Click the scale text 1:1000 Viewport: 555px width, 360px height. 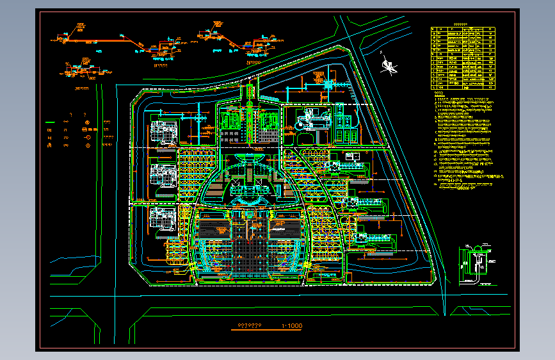pyautogui.click(x=291, y=326)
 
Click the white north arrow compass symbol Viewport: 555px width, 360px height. pyautogui.click(x=387, y=63)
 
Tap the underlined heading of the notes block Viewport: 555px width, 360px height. pyautogui.click(x=438, y=94)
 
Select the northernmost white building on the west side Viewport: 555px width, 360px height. pyautogui.click(x=163, y=129)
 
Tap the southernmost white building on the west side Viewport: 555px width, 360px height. pyautogui.click(x=163, y=217)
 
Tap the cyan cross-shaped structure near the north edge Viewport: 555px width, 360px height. pyautogui.click(x=329, y=83)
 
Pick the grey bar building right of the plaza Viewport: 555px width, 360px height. pyautogui.click(x=286, y=227)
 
